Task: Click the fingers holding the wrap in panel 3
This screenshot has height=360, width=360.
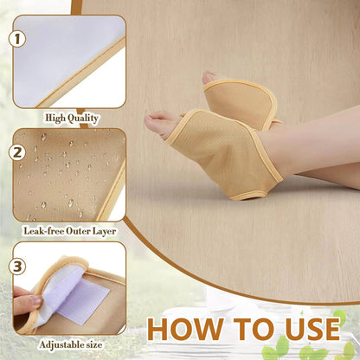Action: (x=25, y=304)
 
